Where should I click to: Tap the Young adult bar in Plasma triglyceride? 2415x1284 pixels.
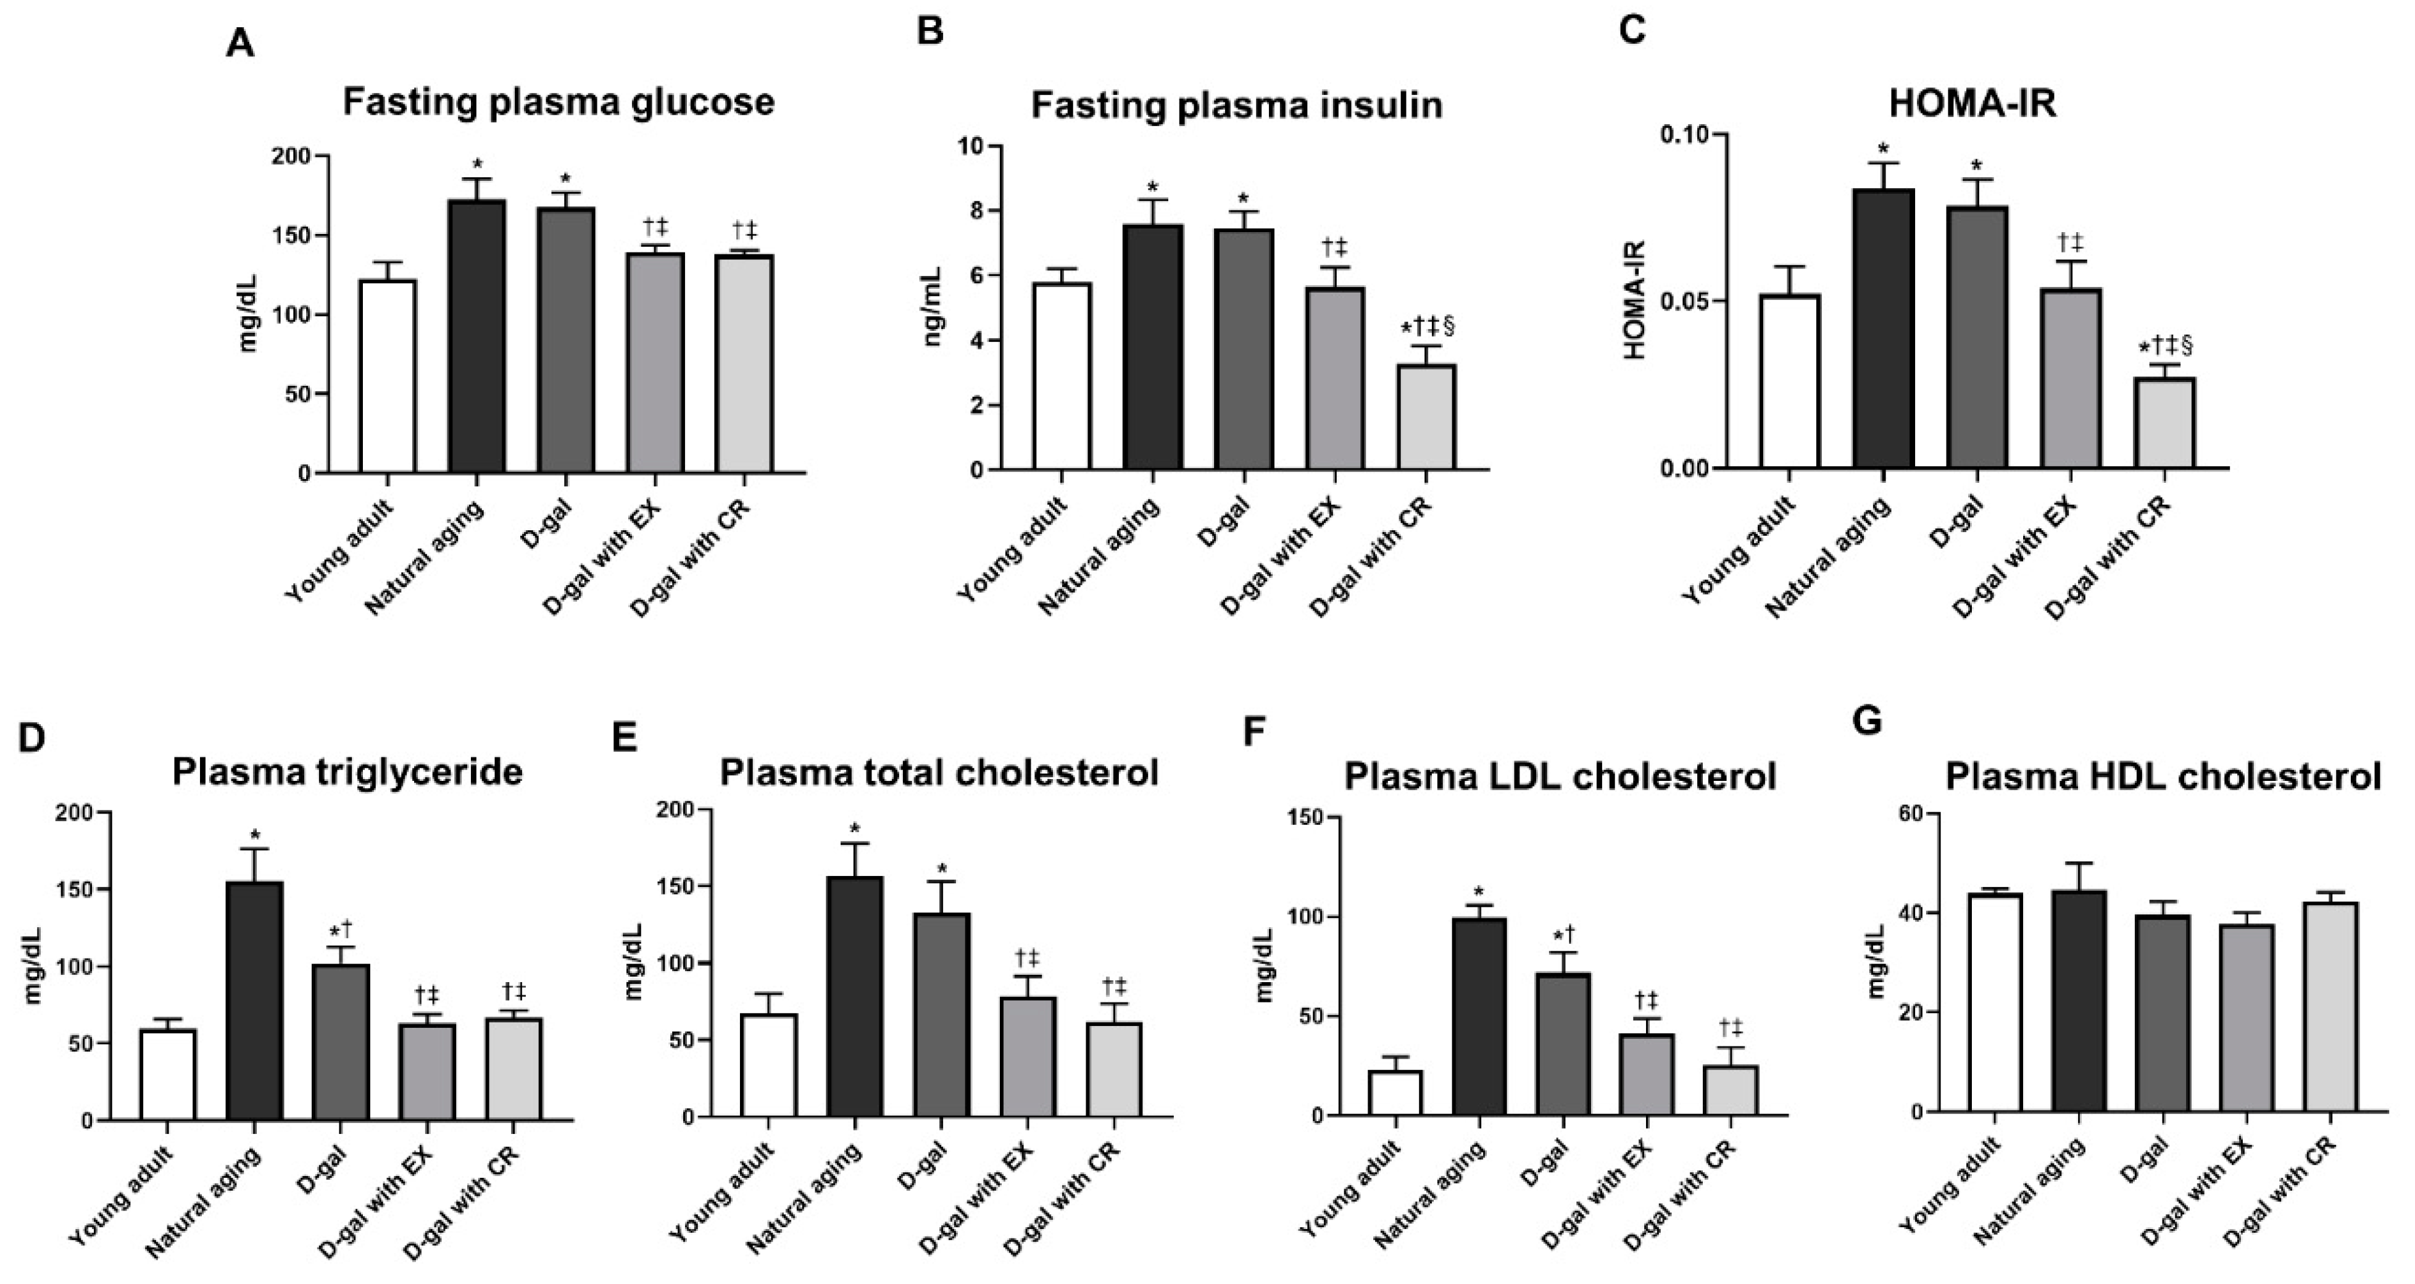coord(168,1075)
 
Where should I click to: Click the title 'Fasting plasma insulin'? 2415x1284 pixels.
coord(1237,105)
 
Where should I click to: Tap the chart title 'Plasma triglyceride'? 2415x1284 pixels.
coord(347,772)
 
